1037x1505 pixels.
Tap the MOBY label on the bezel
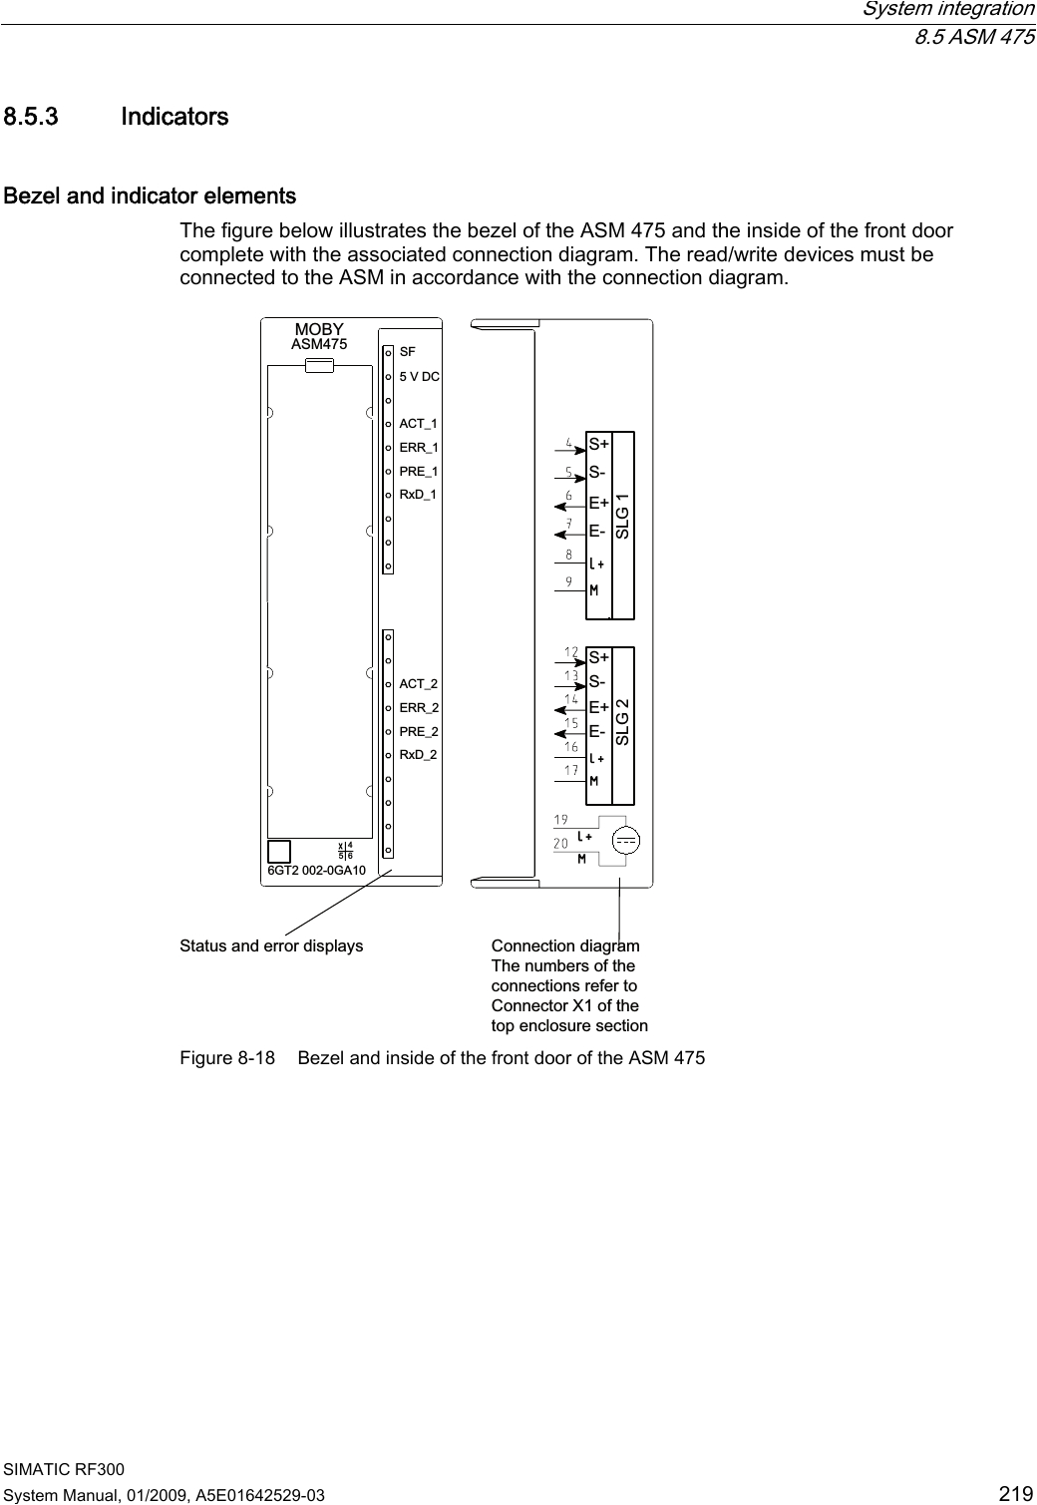point(319,329)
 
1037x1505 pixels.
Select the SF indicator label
point(407,353)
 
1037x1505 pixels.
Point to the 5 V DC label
point(419,377)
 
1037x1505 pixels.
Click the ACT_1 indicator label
point(419,424)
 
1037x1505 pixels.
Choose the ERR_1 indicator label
point(419,448)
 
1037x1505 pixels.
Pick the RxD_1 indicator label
point(419,494)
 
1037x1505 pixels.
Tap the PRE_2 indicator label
point(419,731)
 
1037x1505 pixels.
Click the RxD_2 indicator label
point(419,755)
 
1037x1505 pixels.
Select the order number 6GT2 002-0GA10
point(316,871)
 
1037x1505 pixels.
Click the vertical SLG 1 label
point(623,517)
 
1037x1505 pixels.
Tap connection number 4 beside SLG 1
point(569,442)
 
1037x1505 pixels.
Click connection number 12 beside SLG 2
point(571,652)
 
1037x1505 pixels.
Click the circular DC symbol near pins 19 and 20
point(626,841)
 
